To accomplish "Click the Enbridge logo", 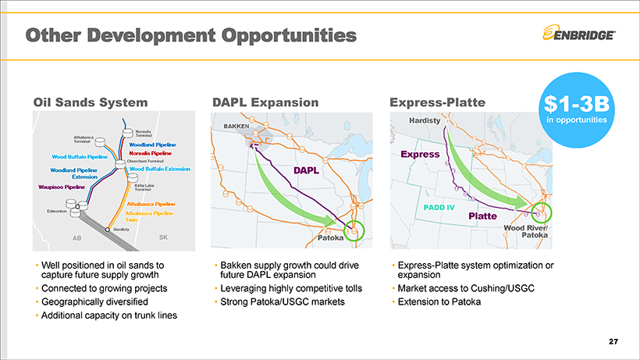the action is coord(579,34).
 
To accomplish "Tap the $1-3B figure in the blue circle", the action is coord(576,104).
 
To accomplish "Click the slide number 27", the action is coord(613,341).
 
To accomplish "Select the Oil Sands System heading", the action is coord(91,102).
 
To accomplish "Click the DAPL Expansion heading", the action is coord(265,102).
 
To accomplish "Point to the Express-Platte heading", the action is coord(438,102).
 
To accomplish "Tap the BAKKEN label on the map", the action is coord(236,127).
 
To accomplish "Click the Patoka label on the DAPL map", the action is coord(331,237).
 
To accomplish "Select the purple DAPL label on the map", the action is coord(306,170).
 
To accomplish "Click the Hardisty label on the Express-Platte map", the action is coord(425,120).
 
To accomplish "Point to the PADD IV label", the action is coord(439,208).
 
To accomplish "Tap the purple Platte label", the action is coord(482,216).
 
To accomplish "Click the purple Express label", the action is coord(420,155).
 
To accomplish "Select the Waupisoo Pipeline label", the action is coord(62,187).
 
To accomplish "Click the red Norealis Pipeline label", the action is coord(150,154).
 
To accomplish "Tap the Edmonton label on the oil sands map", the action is coord(57,211).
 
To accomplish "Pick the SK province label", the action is coord(163,237).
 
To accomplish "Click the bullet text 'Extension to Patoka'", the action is coord(439,301).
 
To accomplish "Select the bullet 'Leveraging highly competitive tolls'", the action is coord(291,289).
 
